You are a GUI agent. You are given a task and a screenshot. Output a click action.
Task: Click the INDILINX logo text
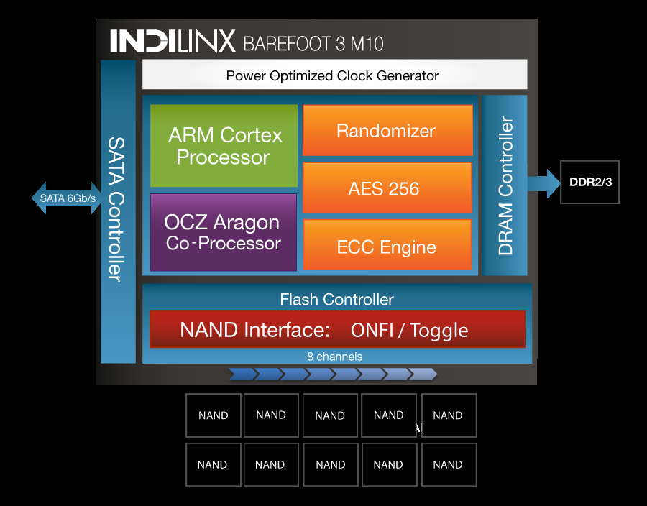173,41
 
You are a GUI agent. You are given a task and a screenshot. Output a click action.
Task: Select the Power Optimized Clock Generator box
334,75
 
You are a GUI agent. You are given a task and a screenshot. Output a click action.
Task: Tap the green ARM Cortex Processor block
224,146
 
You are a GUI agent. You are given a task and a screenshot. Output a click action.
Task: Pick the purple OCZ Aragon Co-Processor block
224,232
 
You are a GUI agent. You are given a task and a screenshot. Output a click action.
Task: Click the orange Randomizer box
387,131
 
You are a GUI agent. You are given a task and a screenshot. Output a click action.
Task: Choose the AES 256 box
387,188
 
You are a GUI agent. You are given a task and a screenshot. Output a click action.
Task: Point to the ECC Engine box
387,247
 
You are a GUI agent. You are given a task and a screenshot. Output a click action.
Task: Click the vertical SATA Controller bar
118,211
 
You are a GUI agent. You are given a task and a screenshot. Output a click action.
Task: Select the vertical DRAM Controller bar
505,185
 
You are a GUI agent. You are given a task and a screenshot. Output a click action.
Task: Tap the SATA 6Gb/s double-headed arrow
67,198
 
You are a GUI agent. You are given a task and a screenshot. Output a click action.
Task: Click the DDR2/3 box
589,182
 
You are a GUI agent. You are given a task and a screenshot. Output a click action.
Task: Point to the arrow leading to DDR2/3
543,182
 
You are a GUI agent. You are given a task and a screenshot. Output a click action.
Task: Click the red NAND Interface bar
337,329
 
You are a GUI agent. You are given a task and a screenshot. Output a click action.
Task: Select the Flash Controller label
336,299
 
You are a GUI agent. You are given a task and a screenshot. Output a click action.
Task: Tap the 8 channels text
335,356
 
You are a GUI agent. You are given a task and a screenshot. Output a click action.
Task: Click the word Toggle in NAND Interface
439,331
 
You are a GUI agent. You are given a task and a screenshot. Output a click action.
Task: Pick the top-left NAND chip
213,415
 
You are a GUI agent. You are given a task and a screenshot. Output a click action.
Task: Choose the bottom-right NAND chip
448,465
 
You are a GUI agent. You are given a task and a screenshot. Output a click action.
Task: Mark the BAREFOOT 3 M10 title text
313,44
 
